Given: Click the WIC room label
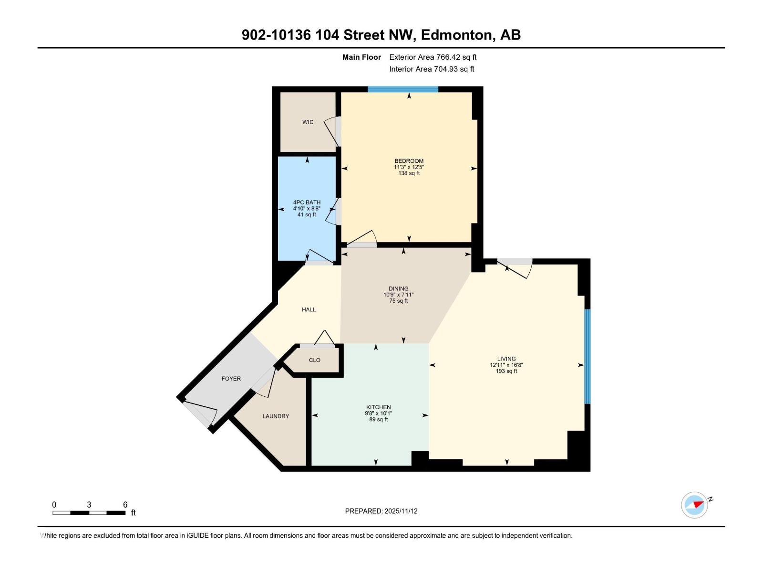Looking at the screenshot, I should click(308, 122).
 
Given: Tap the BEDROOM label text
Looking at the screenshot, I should click(409, 161).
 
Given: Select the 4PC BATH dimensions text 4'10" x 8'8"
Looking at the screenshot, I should click(307, 209).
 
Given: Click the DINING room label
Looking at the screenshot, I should click(398, 288).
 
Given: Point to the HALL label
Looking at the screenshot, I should click(309, 309).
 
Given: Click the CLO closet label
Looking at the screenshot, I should click(314, 360).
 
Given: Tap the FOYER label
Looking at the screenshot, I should click(231, 379).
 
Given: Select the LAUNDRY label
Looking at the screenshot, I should click(276, 416).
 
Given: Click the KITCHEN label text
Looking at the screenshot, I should click(378, 407).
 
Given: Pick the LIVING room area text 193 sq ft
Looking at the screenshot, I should click(506, 371).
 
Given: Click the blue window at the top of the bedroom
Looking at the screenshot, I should click(402, 89).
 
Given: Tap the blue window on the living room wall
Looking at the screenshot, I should click(588, 356).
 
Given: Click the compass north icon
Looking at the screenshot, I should click(695, 505).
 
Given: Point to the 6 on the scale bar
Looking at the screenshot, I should click(125, 505).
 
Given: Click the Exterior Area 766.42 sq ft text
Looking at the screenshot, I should click(433, 57).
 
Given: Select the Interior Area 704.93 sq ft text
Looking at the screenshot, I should click(432, 69).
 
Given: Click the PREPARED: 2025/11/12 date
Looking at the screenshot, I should click(381, 511).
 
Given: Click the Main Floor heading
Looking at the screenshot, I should click(361, 57).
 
